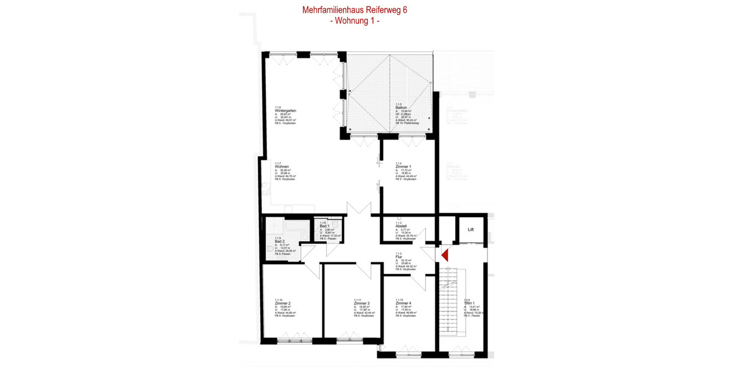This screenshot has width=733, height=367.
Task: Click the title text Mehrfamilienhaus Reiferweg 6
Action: pyautogui.click(x=355, y=10)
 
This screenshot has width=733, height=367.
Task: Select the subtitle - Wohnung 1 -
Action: pyautogui.click(x=355, y=21)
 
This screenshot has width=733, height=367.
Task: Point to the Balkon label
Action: pyautogui.click(x=401, y=108)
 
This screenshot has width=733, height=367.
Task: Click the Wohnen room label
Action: pyautogui.click(x=282, y=166)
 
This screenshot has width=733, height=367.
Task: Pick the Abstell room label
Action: pyautogui.click(x=401, y=226)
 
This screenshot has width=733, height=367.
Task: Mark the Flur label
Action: pyautogui.click(x=398, y=258)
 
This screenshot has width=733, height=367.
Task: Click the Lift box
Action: pyautogui.click(x=471, y=230)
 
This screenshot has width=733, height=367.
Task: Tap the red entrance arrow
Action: pyautogui.click(x=445, y=254)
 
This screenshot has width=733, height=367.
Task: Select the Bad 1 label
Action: pyautogui.click(x=324, y=227)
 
